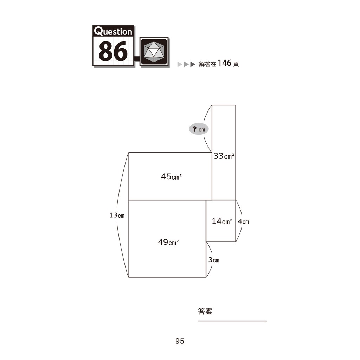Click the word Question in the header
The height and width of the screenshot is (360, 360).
coord(113,31)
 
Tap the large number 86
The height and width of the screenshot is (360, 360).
coord(113,51)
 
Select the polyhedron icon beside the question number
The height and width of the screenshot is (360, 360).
coord(154,52)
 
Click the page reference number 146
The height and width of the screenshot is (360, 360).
coord(224,63)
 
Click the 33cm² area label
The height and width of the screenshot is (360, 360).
coord(224,156)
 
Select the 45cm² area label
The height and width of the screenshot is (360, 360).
coord(171,176)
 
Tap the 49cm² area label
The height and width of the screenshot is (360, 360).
coord(168,242)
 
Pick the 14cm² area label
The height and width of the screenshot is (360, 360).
coord(222,221)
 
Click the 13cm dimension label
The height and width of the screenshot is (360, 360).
coord(117,216)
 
